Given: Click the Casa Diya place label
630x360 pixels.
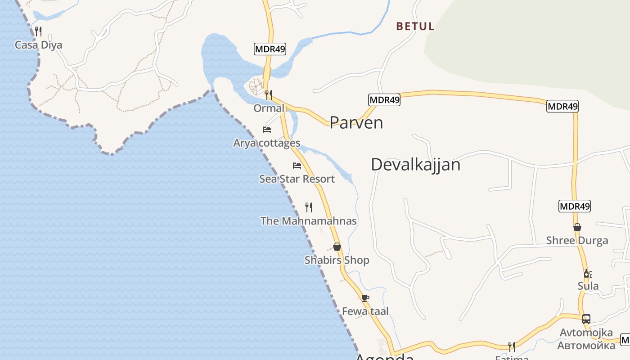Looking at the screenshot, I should [x=38, y=45].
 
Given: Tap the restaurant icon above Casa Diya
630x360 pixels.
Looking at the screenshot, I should [x=38, y=31].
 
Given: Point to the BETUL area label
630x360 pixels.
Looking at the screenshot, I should [x=415, y=27].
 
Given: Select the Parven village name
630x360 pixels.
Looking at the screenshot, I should [x=356, y=122].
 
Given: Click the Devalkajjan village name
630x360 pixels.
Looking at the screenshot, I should [x=415, y=165].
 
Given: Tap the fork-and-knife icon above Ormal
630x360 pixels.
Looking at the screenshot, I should [x=269, y=95].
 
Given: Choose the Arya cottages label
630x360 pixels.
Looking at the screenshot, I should [x=266, y=143].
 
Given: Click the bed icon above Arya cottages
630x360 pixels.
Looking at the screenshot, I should [x=267, y=130].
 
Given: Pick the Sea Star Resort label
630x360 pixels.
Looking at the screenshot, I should [x=297, y=179].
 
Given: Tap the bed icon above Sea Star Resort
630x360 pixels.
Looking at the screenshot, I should [x=297, y=166].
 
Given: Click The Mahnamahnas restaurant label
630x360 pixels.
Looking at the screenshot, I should [x=308, y=221].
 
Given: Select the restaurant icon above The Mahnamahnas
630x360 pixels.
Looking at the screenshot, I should [x=309, y=207].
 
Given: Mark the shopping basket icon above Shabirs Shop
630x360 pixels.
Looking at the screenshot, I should [x=337, y=247].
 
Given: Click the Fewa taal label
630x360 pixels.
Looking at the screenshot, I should [x=365, y=311].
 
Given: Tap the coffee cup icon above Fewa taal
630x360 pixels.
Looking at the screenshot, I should [x=365, y=298].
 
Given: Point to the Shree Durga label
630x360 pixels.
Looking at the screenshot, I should [x=577, y=240].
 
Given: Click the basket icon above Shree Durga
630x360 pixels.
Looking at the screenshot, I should [x=577, y=227].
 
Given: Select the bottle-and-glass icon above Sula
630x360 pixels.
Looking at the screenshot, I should [x=588, y=274].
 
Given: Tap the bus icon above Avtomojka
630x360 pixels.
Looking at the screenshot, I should [x=586, y=319].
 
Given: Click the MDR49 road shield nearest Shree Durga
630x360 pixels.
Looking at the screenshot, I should [x=574, y=207].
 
